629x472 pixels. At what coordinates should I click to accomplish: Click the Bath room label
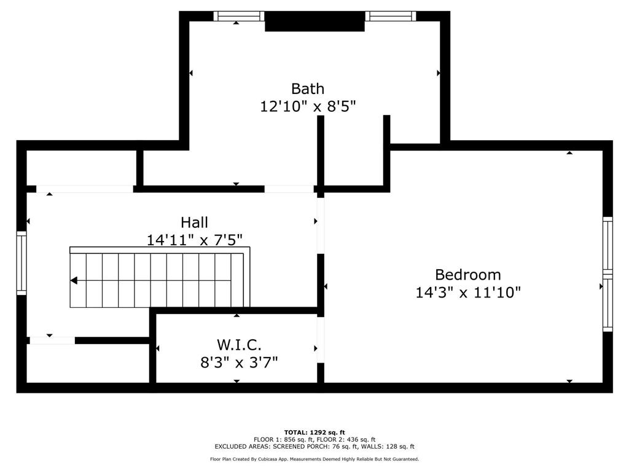308,88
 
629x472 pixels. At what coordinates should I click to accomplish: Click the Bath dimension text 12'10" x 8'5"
308,106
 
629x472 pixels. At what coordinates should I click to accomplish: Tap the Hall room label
194,222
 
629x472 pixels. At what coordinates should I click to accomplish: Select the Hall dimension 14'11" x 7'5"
194,240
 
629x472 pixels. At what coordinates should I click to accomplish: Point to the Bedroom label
468,275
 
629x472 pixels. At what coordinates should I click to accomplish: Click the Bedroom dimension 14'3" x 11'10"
468,293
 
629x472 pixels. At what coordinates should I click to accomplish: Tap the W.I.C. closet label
240,345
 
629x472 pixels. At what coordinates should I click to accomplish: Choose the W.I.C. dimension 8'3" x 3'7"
240,362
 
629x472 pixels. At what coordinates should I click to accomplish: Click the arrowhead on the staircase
74,281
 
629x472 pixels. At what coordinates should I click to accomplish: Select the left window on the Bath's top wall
239,16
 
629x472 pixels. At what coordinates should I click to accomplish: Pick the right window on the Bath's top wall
391,16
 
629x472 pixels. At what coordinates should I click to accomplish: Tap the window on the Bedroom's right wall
608,274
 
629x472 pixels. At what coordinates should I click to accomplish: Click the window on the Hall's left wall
21,262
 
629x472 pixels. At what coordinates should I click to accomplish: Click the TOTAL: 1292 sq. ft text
314,432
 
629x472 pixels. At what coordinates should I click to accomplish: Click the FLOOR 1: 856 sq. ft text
283,439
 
